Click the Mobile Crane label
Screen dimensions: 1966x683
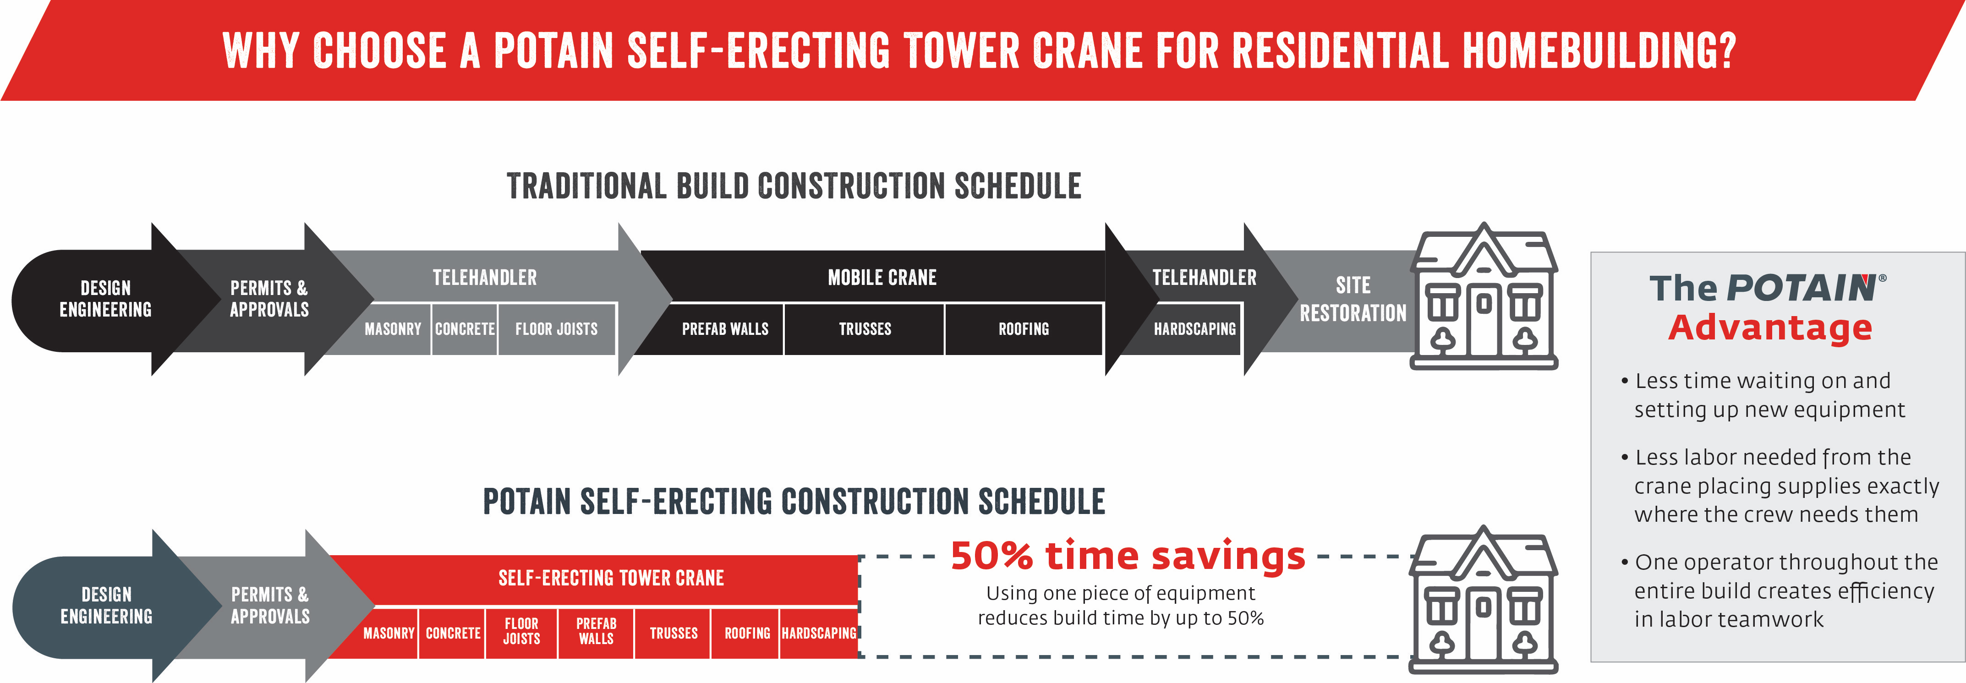pyautogui.click(x=882, y=278)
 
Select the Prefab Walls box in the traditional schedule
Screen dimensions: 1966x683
pyautogui.click(x=725, y=329)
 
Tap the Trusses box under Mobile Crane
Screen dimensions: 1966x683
pyautogui.click(x=865, y=329)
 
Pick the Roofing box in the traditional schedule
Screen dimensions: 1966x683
pyautogui.click(x=1024, y=329)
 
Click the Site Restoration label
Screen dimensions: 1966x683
pyautogui.click(x=1353, y=299)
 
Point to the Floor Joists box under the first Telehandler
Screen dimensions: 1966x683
pyautogui.click(x=556, y=329)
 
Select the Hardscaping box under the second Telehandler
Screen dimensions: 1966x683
pyautogui.click(x=1194, y=329)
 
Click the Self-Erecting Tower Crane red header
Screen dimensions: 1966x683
pyautogui.click(x=611, y=579)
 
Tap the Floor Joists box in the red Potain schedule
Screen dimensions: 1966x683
pyautogui.click(x=521, y=632)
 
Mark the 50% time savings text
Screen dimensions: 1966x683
pyautogui.click(x=1127, y=556)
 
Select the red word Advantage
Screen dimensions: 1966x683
pyautogui.click(x=1770, y=328)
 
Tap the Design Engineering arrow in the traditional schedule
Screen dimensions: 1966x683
pyautogui.click(x=107, y=299)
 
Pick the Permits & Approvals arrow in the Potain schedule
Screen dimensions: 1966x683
pyautogui.click(x=271, y=605)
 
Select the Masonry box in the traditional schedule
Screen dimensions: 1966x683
pyautogui.click(x=392, y=329)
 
